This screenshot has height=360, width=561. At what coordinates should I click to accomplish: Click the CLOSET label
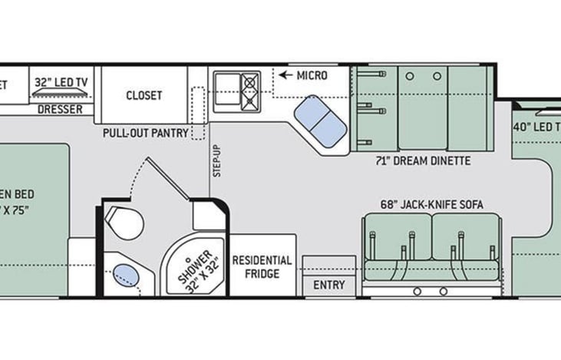point(144,95)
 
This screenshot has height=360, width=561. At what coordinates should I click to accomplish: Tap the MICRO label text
point(312,75)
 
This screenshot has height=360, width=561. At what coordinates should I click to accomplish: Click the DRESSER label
point(59,109)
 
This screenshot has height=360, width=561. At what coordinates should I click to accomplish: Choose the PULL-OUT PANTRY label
point(146,132)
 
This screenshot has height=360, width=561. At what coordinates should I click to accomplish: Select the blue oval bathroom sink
point(124,273)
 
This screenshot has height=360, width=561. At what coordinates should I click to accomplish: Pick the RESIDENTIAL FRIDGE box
point(262,266)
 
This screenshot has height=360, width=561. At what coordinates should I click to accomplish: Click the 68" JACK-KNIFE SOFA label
point(432,206)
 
